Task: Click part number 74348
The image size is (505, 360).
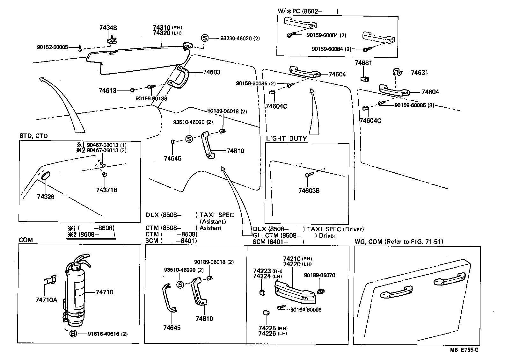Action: pyautogui.click(x=108, y=28)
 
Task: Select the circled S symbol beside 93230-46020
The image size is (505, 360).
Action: pyautogui.click(x=204, y=38)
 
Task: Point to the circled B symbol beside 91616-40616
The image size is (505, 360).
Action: pyautogui.click(x=73, y=334)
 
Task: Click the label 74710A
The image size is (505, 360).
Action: pyautogui.click(x=47, y=300)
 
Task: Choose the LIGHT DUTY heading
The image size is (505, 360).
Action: pyautogui.click(x=286, y=139)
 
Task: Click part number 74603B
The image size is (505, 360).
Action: pyautogui.click(x=309, y=191)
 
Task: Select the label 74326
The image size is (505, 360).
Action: pyautogui.click(x=46, y=197)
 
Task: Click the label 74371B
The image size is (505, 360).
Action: pyautogui.click(x=107, y=190)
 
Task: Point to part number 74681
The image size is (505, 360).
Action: pyautogui.click(x=363, y=63)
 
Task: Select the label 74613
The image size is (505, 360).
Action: pyautogui.click(x=107, y=91)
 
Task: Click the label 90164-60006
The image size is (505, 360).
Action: pyautogui.click(x=306, y=310)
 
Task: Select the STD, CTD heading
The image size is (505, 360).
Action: pyautogui.click(x=33, y=136)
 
